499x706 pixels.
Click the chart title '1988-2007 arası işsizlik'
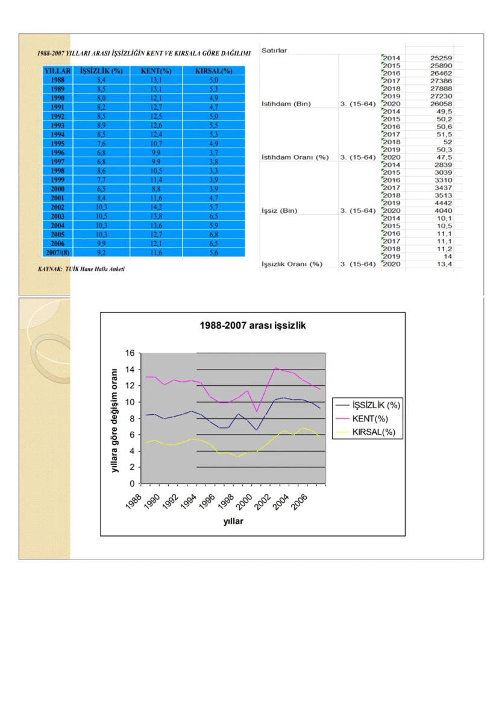(x=253, y=326)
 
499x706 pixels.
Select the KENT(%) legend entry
(x=370, y=418)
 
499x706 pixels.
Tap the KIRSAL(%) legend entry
(x=374, y=432)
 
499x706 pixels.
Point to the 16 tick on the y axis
(x=130, y=353)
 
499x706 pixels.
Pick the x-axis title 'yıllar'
(x=233, y=522)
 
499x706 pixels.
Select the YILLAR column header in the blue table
(x=57, y=71)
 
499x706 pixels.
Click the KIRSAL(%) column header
(x=214, y=71)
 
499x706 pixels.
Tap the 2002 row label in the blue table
(x=57, y=207)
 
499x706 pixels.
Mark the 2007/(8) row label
(x=57, y=253)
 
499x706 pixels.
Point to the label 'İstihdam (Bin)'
(x=286, y=104)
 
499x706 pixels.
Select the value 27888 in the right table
(x=442, y=89)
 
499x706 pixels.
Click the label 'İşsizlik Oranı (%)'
(x=292, y=264)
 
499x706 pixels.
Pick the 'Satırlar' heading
(x=274, y=51)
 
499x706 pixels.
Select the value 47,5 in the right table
(x=446, y=157)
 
